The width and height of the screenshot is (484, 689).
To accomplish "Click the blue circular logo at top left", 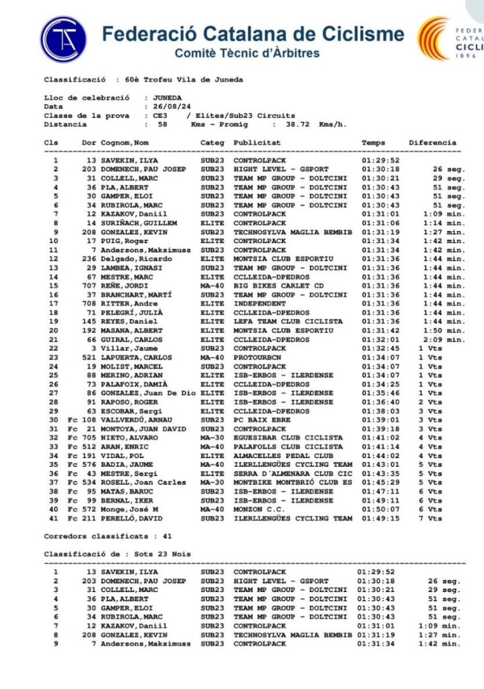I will click(63, 39).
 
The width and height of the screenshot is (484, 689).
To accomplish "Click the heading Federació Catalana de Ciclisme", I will click(253, 34).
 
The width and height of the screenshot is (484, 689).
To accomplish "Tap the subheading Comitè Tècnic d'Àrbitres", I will click(247, 53).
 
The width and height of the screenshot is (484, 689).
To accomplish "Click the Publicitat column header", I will click(257, 143).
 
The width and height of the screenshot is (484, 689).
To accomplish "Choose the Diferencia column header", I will click(432, 143).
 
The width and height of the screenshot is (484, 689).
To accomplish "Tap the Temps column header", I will click(374, 143).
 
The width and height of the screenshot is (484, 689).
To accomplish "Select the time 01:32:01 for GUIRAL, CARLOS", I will click(381, 340).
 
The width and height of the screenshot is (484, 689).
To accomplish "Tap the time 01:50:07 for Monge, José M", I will click(381, 510).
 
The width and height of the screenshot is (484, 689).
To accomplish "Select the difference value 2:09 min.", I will click(441, 340).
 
